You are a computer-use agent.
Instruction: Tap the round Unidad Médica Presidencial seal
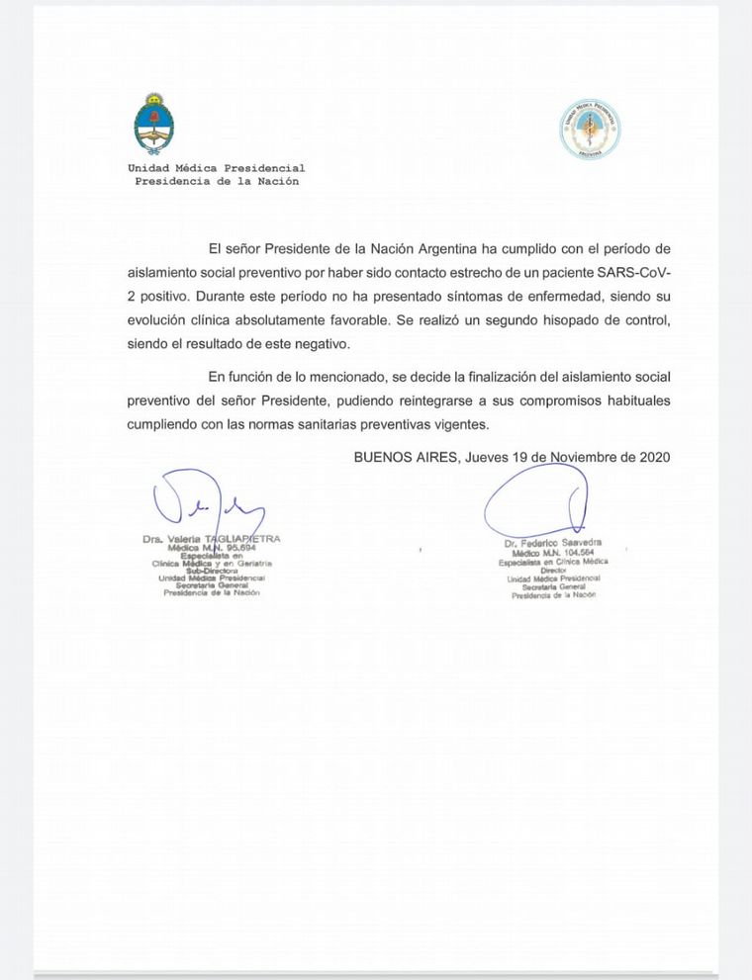pos(591,129)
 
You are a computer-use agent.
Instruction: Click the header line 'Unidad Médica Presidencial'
pos(216,168)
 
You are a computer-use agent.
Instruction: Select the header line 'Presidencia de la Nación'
pos(216,181)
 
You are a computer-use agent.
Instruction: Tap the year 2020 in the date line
pos(654,457)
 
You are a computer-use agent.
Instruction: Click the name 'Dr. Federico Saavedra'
pos(552,544)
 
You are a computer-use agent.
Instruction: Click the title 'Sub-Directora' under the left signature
pos(211,571)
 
